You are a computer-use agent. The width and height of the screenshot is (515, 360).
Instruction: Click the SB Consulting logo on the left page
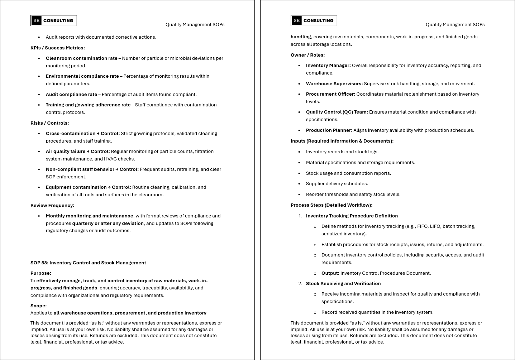(54, 21)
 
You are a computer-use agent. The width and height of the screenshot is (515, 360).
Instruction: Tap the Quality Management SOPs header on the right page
(455, 25)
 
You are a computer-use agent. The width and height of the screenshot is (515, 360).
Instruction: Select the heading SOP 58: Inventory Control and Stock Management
(88, 263)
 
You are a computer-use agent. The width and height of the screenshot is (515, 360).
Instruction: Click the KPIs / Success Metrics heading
(57, 48)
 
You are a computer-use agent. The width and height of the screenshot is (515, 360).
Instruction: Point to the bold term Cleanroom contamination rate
(81, 58)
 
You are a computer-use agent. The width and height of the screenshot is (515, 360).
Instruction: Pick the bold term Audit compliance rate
(71, 94)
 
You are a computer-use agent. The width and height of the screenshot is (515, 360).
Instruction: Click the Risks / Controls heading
(49, 123)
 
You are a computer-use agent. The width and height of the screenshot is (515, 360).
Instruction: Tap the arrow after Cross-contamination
(98, 133)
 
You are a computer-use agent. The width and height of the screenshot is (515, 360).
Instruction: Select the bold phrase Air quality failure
(66, 151)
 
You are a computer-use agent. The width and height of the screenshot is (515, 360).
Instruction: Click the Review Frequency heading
(52, 205)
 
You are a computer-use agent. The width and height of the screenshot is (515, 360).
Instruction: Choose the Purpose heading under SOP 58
(41, 273)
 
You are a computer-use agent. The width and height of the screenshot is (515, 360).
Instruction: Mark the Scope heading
(38, 306)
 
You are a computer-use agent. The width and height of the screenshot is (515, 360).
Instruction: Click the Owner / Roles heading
(307, 55)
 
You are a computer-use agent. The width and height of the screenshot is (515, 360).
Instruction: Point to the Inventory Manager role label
(328, 65)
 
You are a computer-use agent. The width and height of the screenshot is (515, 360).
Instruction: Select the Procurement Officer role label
(330, 94)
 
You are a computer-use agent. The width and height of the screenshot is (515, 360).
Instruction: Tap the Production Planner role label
(329, 130)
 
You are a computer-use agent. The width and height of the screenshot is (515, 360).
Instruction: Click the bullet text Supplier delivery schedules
(337, 183)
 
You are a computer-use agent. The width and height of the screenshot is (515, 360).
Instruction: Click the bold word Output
(330, 273)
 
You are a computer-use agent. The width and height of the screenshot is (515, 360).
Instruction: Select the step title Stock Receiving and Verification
(343, 283)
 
